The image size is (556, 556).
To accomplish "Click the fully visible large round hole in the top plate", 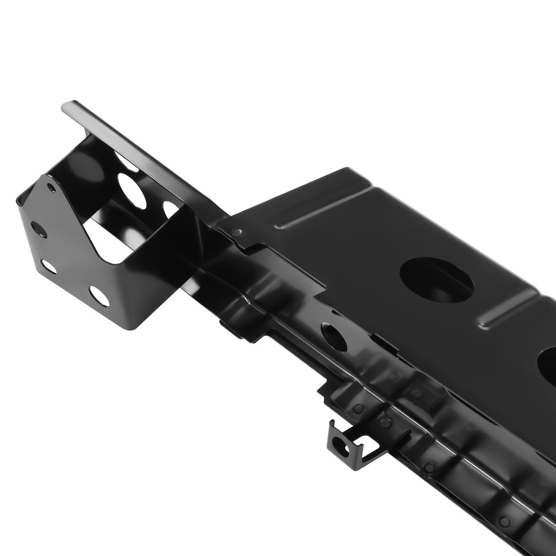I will point(436,280).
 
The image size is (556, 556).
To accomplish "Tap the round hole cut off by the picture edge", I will point(548,365).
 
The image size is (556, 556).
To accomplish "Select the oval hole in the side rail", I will point(334,336).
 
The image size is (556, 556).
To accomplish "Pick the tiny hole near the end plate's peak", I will point(52,188).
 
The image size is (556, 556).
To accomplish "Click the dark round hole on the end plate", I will point(38,229).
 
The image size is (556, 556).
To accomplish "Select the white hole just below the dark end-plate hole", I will point(49,266).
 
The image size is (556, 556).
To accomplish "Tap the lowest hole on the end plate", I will point(99,296).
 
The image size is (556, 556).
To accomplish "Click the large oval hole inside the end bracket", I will point(132,191).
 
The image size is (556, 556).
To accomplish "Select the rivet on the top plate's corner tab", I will point(236,232).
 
